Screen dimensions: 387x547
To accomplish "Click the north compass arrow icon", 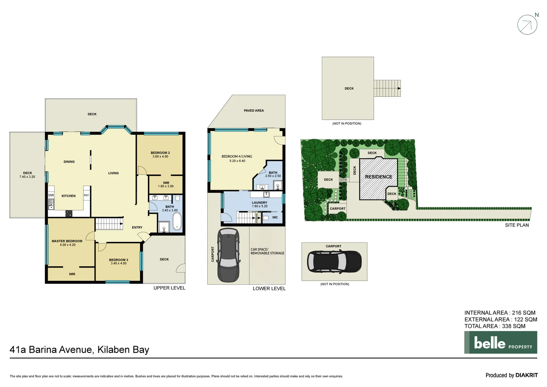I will (x=527, y=25).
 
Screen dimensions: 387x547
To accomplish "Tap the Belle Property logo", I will (x=500, y=343).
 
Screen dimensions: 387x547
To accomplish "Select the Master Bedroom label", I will (x=67, y=241).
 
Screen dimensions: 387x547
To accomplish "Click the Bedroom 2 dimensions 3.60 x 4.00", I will (x=160, y=157).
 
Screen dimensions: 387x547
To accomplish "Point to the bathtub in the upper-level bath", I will (x=177, y=221).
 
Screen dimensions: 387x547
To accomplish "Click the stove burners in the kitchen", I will (x=69, y=214).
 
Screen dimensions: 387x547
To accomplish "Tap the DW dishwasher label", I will (x=51, y=195).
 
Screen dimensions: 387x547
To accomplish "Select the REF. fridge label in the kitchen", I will (x=86, y=195).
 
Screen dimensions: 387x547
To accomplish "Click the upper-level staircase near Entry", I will (x=109, y=224).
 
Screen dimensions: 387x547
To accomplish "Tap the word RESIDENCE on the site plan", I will (x=378, y=177).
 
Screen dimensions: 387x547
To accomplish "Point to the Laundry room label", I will (x=260, y=202).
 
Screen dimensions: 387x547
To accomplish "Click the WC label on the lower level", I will (x=275, y=218).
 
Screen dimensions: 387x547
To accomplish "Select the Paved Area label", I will (x=253, y=111).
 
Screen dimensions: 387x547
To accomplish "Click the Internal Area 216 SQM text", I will (x=500, y=313).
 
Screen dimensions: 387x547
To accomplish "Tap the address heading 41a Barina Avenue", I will (x=79, y=350).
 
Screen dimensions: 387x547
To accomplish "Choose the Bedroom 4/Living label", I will (x=237, y=157).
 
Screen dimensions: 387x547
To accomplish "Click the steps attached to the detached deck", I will (x=387, y=88).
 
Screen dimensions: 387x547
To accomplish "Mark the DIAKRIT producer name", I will (x=526, y=375).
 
